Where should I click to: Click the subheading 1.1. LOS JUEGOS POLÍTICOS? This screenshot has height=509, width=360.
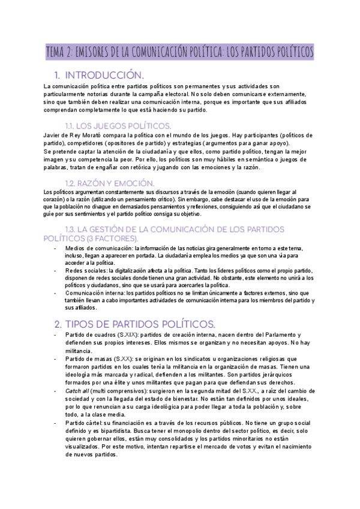(118, 125)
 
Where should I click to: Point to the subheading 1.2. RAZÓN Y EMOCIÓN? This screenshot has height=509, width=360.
(110, 182)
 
